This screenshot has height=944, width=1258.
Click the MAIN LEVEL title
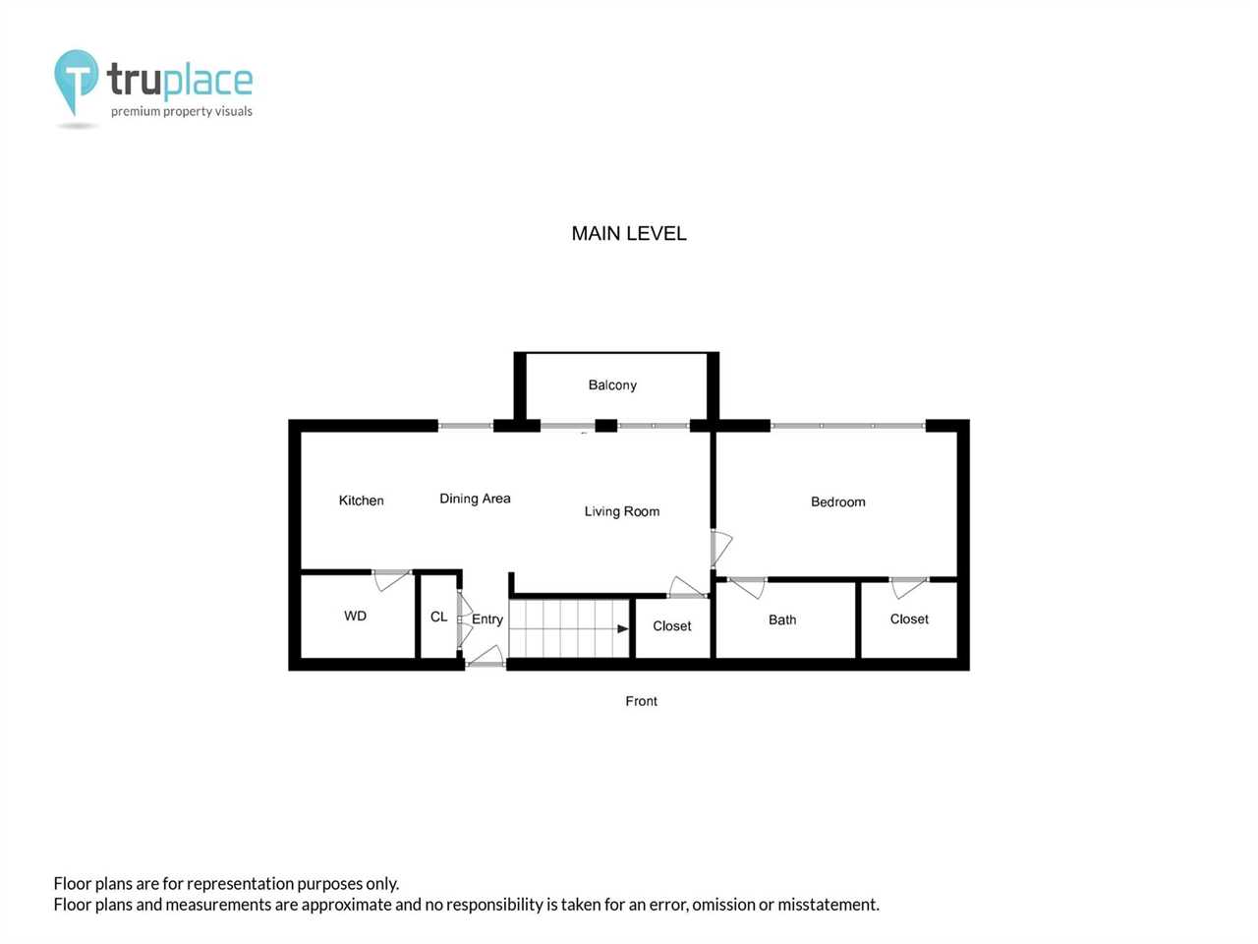[629, 233]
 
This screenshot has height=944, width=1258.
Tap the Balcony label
[612, 384]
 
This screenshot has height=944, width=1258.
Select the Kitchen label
[361, 501]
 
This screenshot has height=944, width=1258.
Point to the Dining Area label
[475, 499]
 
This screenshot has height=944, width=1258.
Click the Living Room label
[622, 511]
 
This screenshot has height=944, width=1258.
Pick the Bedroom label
[838, 502]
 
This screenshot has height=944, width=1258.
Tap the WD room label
[356, 616]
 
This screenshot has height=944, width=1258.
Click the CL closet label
[438, 617]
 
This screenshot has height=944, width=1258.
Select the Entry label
[487, 619]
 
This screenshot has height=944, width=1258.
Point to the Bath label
[782, 619]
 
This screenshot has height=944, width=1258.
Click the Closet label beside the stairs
[671, 626]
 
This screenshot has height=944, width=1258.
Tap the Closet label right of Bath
[909, 619]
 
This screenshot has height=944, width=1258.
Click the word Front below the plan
[642, 701]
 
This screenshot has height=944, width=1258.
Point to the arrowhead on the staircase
[623, 628]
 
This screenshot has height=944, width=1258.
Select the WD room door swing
[392, 580]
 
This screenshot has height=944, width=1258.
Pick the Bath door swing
[747, 588]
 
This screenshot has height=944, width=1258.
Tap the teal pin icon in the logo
[77, 78]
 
